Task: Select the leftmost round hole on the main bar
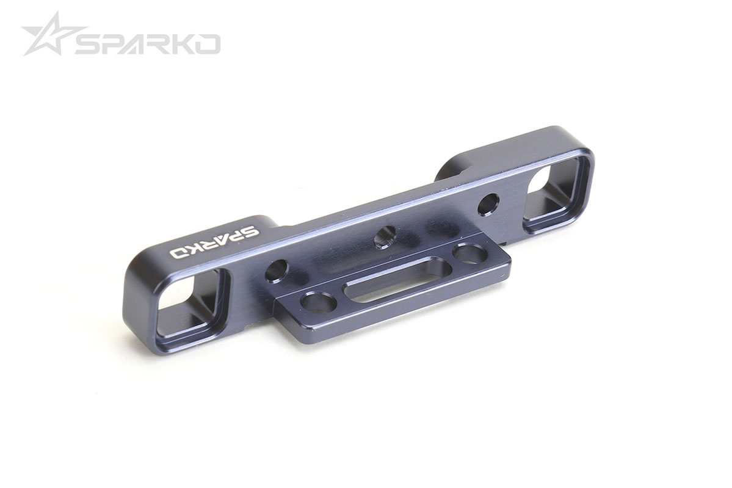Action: click(276, 271)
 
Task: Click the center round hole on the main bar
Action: click(385, 236)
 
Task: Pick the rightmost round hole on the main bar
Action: click(488, 204)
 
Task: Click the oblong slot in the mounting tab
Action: click(397, 279)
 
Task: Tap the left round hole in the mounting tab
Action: click(319, 302)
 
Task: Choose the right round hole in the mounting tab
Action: click(470, 252)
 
